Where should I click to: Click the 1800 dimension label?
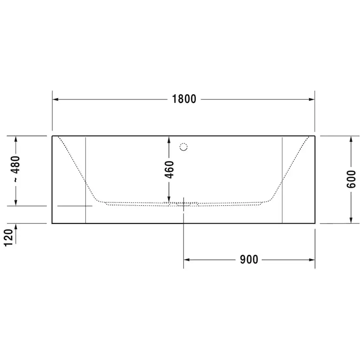click(184, 99)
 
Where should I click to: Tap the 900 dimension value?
click(249, 260)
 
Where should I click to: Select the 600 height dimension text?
click(351, 179)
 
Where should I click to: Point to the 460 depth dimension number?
click(169, 170)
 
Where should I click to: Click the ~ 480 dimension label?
click(16, 169)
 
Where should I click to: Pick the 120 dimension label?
click(9, 238)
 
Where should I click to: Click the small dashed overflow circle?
click(183, 147)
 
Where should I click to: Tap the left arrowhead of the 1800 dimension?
click(55, 100)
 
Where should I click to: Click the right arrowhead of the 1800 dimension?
click(312, 100)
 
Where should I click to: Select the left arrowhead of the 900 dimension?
click(187, 260)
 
